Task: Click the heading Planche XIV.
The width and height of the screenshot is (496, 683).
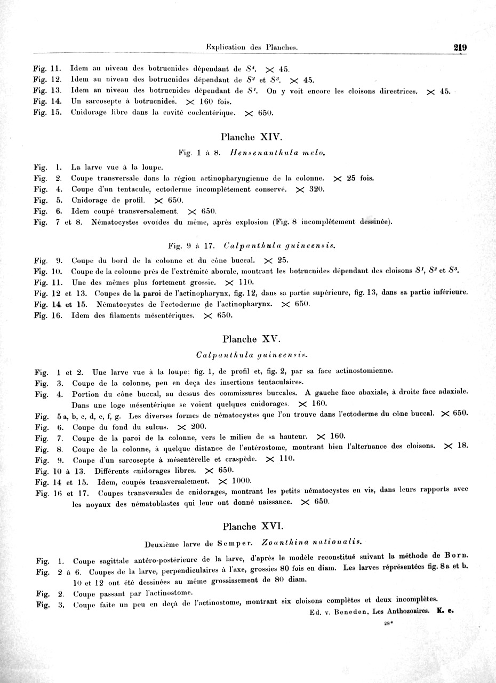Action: coord(251,137)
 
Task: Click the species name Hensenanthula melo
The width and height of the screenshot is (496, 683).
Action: coord(277,153)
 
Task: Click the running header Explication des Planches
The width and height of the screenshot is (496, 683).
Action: coord(251,47)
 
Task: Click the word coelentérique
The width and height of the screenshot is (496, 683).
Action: coord(211,113)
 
